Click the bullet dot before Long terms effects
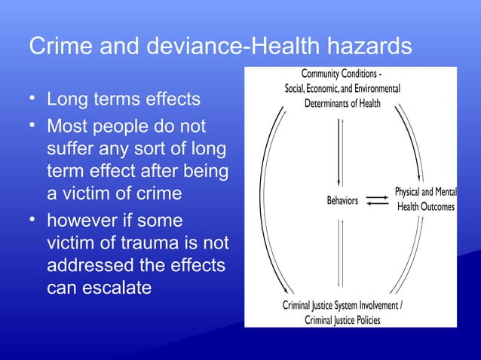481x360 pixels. (x=32, y=98)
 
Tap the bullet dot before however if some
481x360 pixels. (x=32, y=218)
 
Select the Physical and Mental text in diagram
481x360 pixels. (x=425, y=193)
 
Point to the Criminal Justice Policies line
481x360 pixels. (x=342, y=320)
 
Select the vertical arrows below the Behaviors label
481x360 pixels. (x=342, y=252)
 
